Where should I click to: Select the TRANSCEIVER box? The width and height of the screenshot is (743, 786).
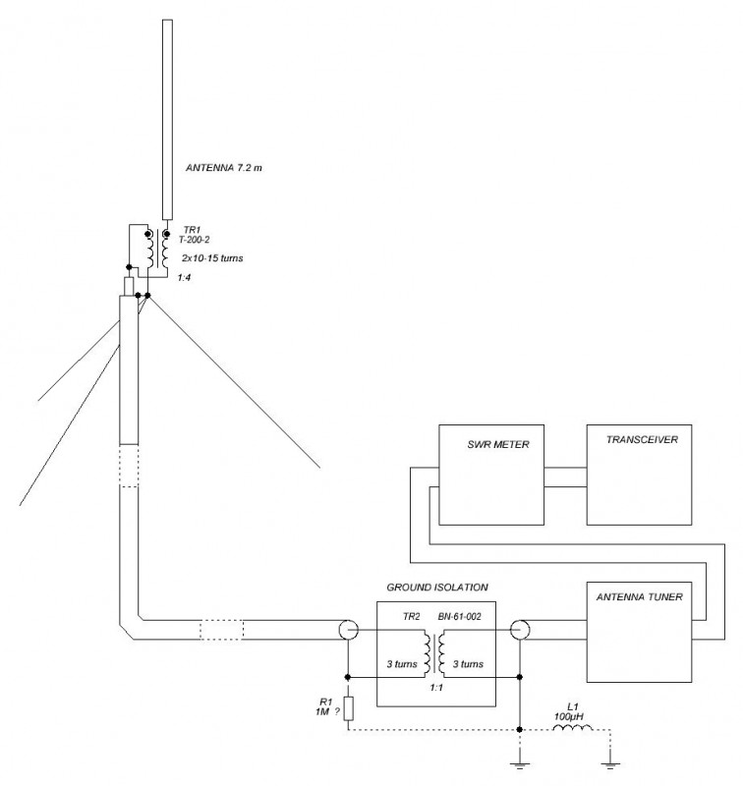pyautogui.click(x=643, y=473)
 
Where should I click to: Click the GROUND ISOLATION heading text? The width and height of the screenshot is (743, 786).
pyautogui.click(x=436, y=587)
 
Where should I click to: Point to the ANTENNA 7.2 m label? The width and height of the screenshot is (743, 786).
pyautogui.click(x=225, y=168)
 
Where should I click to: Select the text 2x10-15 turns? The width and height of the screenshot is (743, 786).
pyautogui.click(x=212, y=257)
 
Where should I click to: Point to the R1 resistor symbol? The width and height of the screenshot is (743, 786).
pyautogui.click(x=348, y=708)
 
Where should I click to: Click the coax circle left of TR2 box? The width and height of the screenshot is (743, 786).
pyautogui.click(x=348, y=630)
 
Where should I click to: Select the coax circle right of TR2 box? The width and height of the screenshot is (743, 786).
pyautogui.click(x=519, y=630)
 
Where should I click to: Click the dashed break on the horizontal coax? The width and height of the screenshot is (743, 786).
pyautogui.click(x=220, y=630)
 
